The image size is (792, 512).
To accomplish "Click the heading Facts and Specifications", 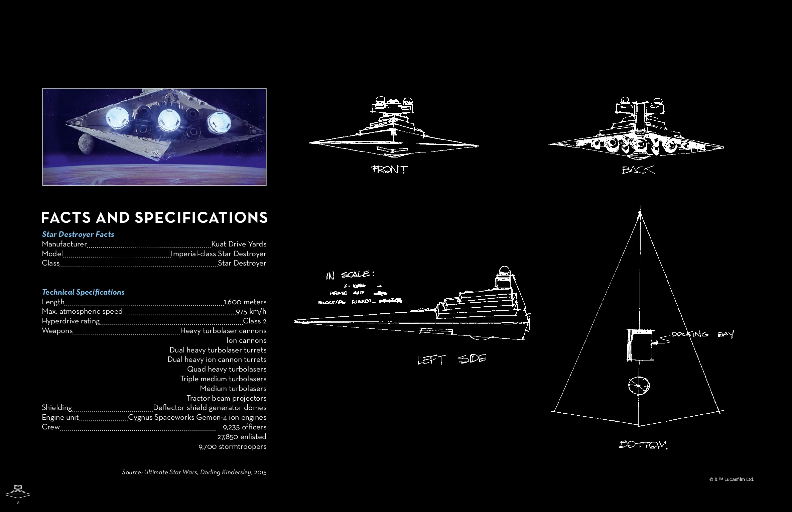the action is [x=154, y=217].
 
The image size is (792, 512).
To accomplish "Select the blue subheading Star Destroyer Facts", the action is [x=78, y=234].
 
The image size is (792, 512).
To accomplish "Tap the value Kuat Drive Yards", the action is [x=239, y=244].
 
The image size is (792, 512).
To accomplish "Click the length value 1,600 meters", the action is [x=245, y=302].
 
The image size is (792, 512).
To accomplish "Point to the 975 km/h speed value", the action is [x=251, y=312].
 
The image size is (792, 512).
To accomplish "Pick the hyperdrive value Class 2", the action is [x=255, y=321].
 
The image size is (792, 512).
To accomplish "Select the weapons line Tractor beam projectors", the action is [x=226, y=398].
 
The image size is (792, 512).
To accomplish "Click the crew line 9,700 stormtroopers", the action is [x=232, y=446].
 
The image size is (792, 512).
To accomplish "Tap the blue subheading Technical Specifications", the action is [x=83, y=292].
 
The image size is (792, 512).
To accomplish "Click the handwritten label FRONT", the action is [x=390, y=170].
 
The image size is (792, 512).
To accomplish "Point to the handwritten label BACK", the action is [x=638, y=170].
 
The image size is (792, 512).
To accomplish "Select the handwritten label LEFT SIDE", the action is [x=451, y=359].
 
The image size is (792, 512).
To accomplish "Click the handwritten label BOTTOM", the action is [x=643, y=444].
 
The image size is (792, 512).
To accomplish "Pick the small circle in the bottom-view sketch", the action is [x=639, y=386].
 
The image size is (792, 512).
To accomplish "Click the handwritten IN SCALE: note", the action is [x=350, y=275].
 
